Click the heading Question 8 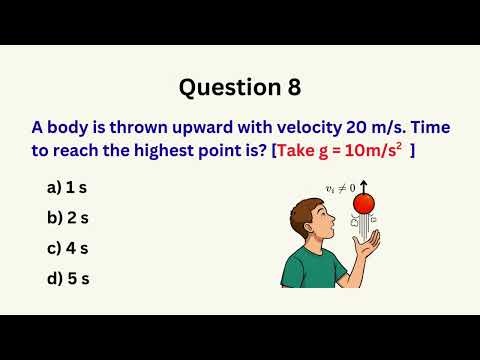pos(240,88)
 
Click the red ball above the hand pos(365,204)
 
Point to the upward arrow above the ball pos(364,187)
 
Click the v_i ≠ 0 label pos(340,187)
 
